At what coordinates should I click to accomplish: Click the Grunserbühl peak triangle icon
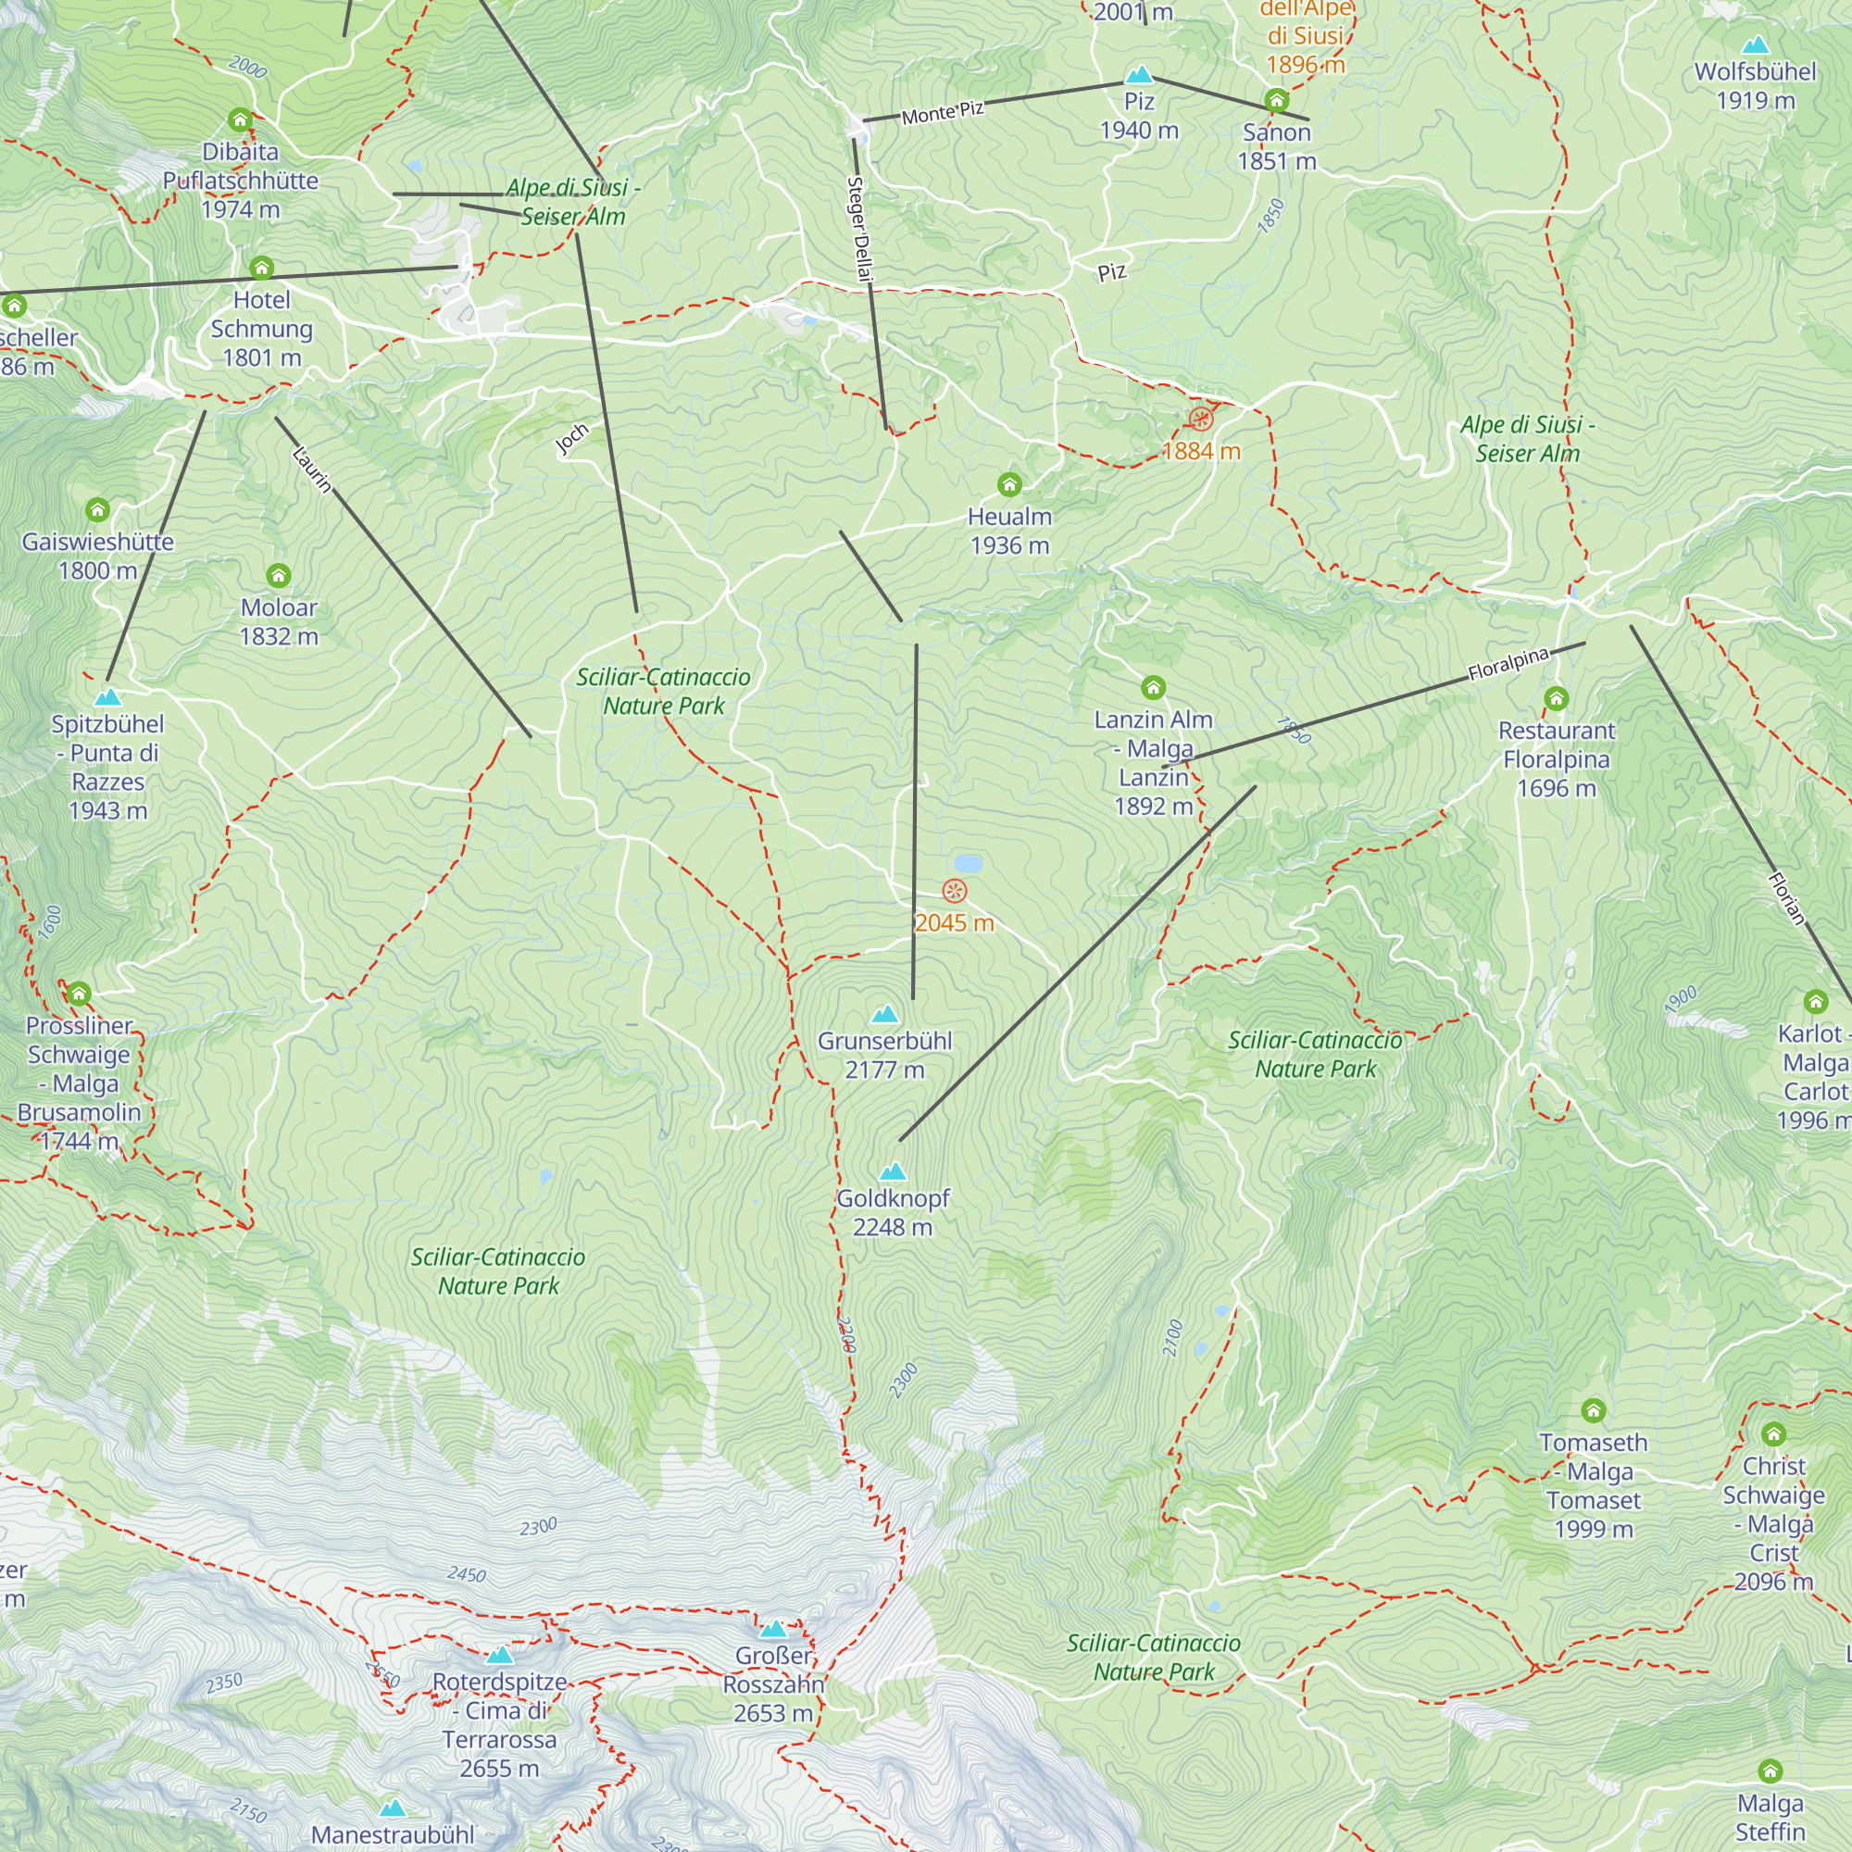[x=884, y=1014]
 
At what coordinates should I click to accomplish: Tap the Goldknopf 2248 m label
[x=893, y=1213]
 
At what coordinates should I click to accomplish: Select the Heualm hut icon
[x=1009, y=485]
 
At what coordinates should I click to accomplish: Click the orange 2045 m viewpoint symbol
[x=954, y=892]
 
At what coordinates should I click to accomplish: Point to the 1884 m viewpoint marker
[x=1200, y=419]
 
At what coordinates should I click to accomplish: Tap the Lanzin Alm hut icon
[x=1153, y=687]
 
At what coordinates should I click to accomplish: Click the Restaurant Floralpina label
[x=1556, y=759]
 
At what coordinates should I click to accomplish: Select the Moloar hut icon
[x=278, y=575]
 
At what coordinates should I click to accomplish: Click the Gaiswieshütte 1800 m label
[x=98, y=556]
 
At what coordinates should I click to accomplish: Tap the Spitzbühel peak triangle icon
[x=108, y=697]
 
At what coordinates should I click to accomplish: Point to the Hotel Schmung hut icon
[x=262, y=268]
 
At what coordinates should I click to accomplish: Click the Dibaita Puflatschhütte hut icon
[x=240, y=119]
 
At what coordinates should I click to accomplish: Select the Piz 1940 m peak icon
[x=1139, y=74]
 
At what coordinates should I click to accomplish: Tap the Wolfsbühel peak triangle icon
[x=1755, y=44]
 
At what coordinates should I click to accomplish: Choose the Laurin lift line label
[x=312, y=469]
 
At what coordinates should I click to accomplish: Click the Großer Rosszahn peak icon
[x=773, y=1629]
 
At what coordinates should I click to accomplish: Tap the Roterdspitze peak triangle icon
[x=499, y=1656]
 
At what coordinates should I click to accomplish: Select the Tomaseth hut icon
[x=1593, y=1410]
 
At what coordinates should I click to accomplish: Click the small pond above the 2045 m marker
[x=969, y=864]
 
